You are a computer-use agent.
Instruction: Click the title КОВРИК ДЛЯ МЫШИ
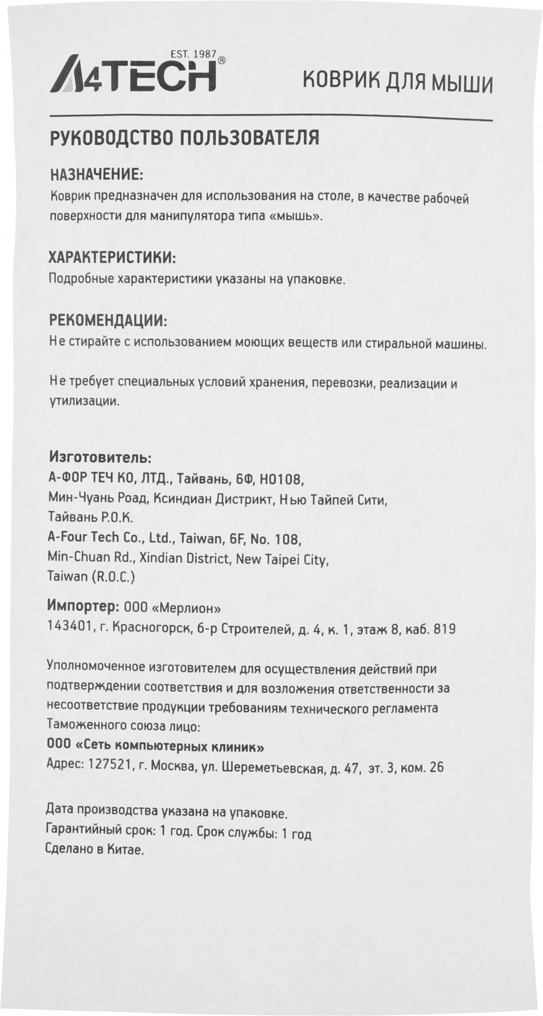(398, 83)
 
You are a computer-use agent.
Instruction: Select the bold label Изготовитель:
(99, 458)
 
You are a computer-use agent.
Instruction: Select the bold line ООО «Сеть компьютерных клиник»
(155, 747)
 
